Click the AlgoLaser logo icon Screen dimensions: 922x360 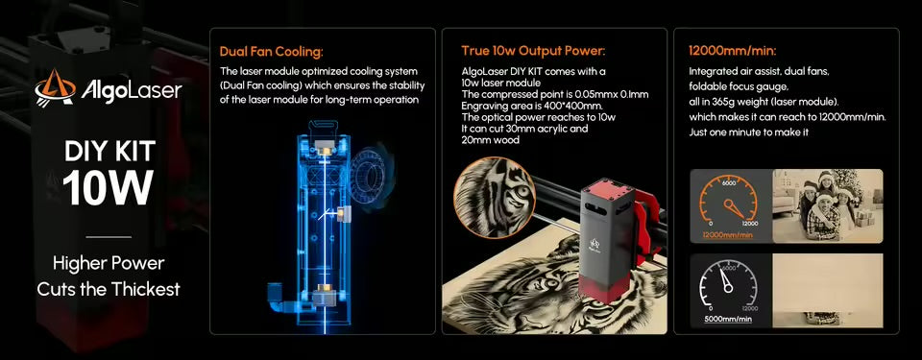[56, 89]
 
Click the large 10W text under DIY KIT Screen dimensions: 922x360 [109, 188]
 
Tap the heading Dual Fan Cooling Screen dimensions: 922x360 [272, 52]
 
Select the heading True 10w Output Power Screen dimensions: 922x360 [533, 51]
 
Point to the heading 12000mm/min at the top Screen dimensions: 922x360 [733, 51]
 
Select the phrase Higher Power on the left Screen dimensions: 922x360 [109, 263]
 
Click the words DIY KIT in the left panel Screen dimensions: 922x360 [109, 153]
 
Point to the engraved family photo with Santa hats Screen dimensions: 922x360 [827, 205]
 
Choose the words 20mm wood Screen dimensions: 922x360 [490, 140]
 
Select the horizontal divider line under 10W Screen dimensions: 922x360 [109, 237]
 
